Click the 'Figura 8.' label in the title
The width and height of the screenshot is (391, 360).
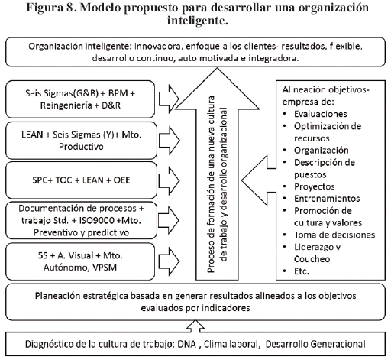coord(52,8)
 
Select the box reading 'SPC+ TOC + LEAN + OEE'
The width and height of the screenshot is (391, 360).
coord(81,180)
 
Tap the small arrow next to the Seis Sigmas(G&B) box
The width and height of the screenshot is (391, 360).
coord(169,99)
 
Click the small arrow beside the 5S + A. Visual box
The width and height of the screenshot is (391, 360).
coord(169,261)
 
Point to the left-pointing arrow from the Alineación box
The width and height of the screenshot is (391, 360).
coord(259,180)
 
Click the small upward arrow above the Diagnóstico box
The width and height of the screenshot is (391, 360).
coord(195,326)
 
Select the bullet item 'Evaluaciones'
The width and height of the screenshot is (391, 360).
coord(321,114)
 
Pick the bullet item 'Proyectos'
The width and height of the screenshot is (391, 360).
coord(315,186)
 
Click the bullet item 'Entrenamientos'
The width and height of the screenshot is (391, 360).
coord(327,199)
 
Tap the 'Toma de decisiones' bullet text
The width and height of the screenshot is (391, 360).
coord(334,235)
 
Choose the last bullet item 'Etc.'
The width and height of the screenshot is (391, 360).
coord(302,271)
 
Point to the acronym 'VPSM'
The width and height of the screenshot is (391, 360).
coord(105,268)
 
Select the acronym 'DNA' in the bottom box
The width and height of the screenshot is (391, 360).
coord(186,344)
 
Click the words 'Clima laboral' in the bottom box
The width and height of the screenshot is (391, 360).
coord(231,344)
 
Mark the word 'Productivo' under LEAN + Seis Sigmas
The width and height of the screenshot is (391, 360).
coord(81,147)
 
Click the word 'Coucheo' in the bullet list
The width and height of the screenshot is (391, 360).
coord(312,259)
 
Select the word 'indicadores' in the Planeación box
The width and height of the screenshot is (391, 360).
coord(223,308)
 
